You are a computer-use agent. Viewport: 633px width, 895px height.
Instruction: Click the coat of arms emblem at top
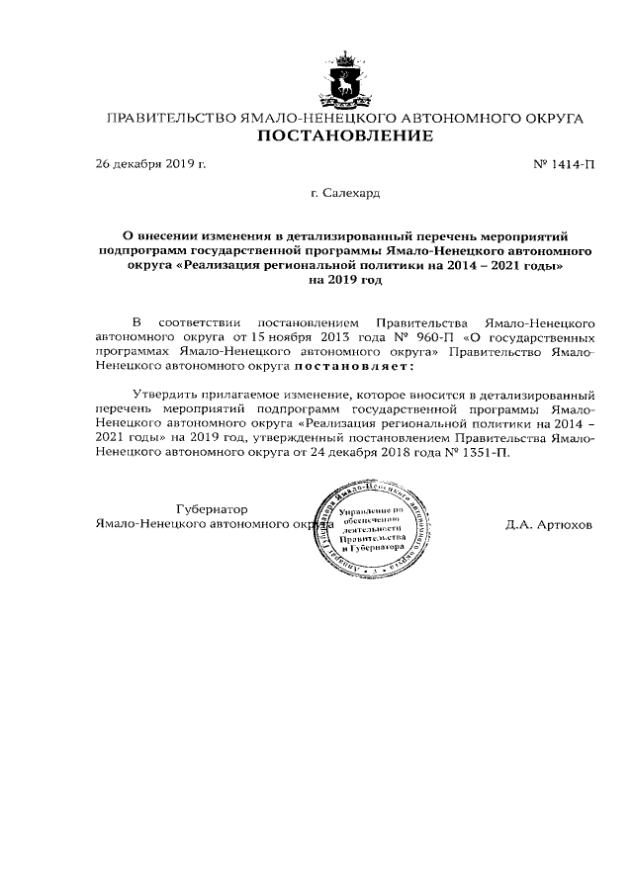[345, 79]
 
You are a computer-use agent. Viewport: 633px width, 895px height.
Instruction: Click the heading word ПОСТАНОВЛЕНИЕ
[345, 136]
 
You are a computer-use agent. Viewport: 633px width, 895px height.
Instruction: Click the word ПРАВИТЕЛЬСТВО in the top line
[171, 118]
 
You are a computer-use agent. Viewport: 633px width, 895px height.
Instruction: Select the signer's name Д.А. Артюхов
[548, 524]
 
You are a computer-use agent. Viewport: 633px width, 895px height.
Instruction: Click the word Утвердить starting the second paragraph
[162, 393]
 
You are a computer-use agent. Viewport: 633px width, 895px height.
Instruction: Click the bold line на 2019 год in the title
[345, 280]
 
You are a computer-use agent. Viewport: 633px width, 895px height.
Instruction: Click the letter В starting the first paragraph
[136, 322]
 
